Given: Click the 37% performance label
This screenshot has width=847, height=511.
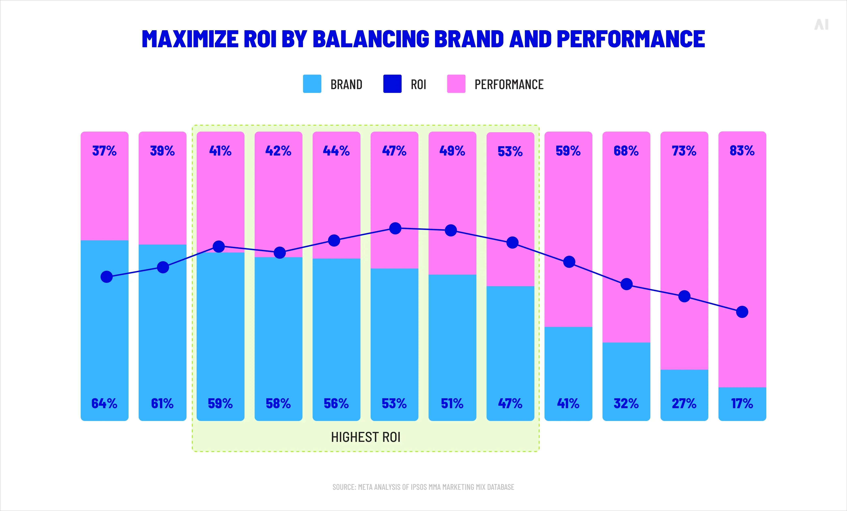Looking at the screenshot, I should pos(104,151).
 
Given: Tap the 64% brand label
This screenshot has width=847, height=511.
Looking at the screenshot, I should pos(104,403).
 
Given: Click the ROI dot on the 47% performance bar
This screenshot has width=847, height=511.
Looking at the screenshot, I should pos(395,228).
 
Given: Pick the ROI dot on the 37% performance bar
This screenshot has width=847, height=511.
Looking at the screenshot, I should pos(107,277).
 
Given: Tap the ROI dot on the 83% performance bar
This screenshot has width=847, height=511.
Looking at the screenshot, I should pos(742,312).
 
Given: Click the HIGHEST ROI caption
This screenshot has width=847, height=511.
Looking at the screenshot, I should pos(366,437).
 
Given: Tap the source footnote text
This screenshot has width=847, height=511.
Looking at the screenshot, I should pos(423,487).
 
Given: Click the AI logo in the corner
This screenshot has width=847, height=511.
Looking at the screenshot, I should pos(821,25).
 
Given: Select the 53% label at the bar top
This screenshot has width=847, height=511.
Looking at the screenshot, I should pos(510,151).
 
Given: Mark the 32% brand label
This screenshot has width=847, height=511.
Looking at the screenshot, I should pos(626,403).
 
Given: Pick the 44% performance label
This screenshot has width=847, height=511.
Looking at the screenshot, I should pos(336,151).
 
